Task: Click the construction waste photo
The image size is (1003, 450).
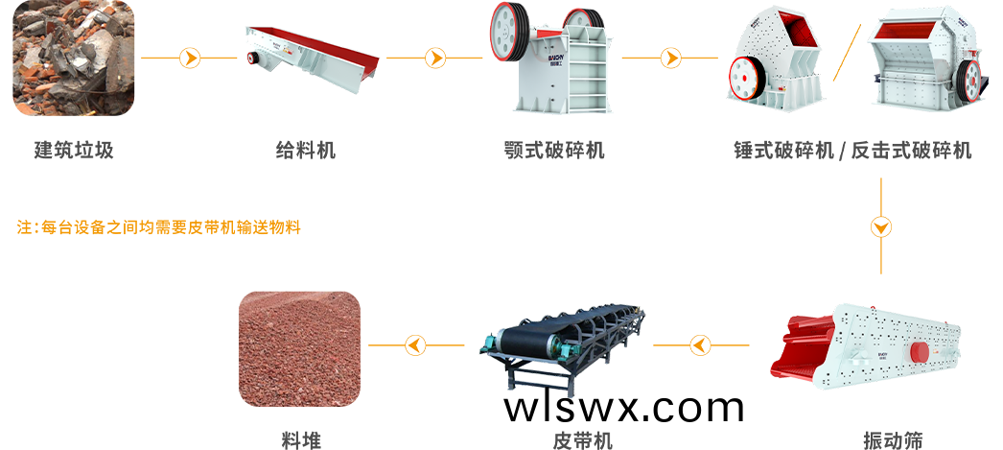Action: [74, 58]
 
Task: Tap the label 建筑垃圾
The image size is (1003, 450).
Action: [74, 150]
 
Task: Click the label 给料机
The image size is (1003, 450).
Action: [306, 150]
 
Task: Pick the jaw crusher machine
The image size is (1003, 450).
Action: [551, 58]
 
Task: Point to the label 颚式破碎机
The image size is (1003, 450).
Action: [554, 150]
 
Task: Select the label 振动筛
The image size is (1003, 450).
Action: [893, 440]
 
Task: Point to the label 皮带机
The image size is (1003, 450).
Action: [582, 440]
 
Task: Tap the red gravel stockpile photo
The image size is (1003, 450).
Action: [299, 347]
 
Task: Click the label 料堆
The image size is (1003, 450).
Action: [301, 440]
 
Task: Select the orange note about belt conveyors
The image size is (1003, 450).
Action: [159, 228]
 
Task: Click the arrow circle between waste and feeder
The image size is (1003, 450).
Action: [190, 59]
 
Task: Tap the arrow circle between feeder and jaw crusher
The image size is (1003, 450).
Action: [435, 59]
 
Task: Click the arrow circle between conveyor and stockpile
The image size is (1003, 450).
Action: [415, 343]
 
